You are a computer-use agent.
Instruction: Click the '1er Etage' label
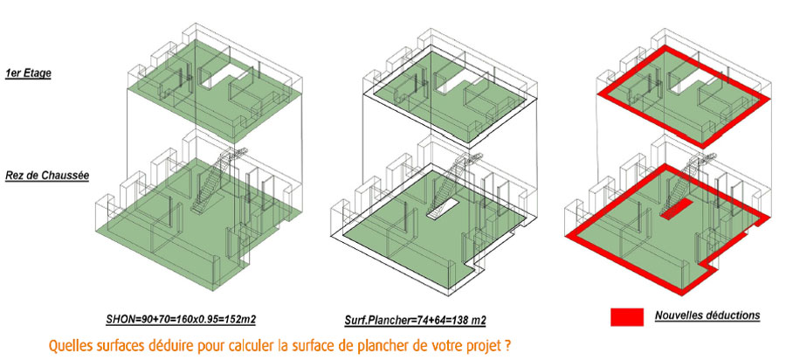coord(28,73)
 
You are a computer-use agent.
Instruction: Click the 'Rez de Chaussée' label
coord(47,176)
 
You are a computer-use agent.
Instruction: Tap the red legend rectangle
coord(626,317)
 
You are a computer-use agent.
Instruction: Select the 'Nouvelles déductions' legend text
coord(707,315)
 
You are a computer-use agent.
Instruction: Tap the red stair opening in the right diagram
coord(676,209)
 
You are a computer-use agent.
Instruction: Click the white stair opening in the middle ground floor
coord(442,209)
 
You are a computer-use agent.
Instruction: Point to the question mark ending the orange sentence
coord(509,346)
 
